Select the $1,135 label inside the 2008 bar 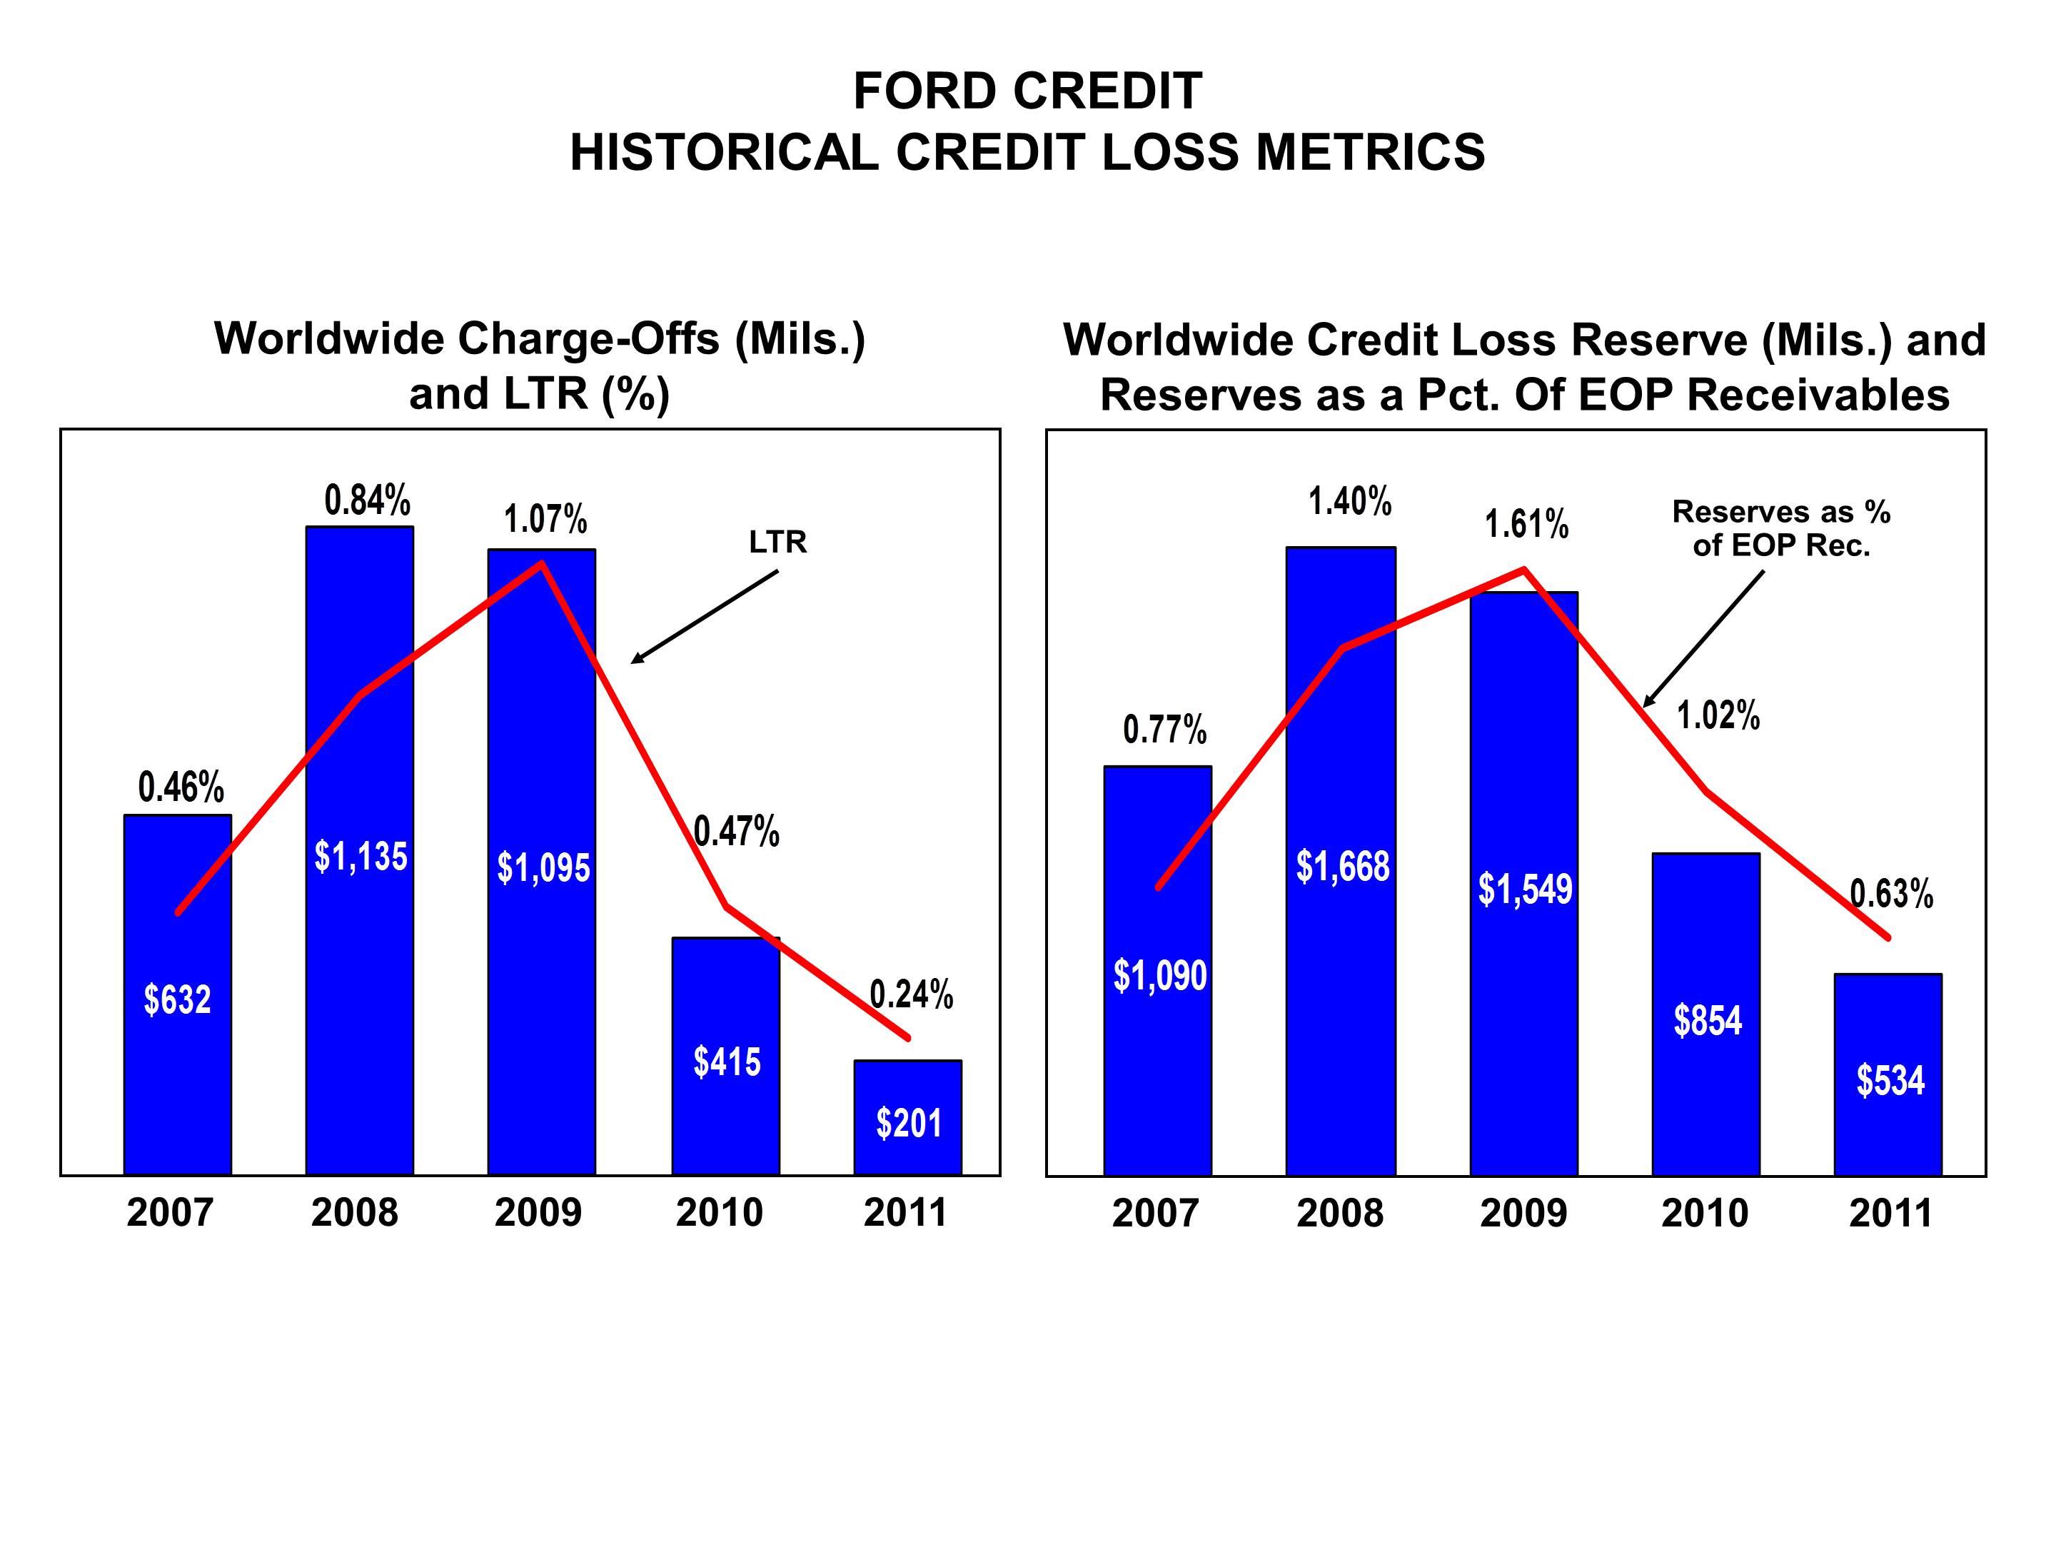tap(361, 856)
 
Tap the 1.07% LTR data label tap(545, 519)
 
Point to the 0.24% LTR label tap(911, 994)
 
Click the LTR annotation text tap(778, 542)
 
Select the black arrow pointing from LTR tap(704, 618)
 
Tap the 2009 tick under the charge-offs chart tap(538, 1213)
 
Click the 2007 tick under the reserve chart tap(1155, 1214)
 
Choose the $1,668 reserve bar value tap(1342, 866)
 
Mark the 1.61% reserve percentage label tap(1526, 524)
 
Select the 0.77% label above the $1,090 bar tap(1164, 730)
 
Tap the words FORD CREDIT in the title tap(1027, 91)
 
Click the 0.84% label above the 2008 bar tap(367, 501)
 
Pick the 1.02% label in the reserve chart tap(1718, 716)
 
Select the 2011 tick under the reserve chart tap(1890, 1214)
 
